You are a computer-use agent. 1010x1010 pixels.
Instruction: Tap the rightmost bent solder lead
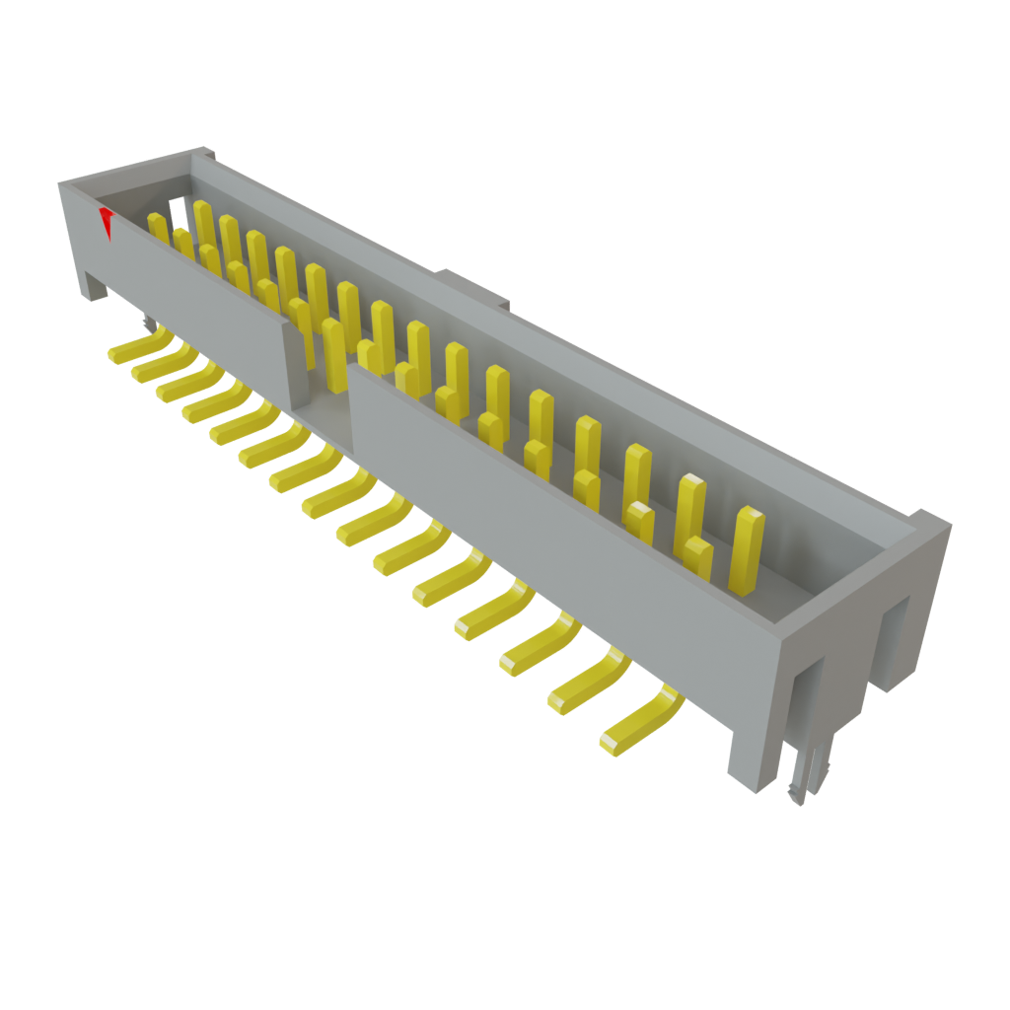pyautogui.click(x=640, y=724)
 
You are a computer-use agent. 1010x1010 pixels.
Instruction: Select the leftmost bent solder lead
pyautogui.click(x=138, y=346)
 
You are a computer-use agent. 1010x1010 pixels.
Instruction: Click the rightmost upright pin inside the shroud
pyautogui.click(x=748, y=548)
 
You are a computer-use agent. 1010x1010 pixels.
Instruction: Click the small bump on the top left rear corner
pyautogui.click(x=204, y=152)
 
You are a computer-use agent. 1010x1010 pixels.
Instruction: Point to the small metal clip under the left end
pyautogui.click(x=147, y=323)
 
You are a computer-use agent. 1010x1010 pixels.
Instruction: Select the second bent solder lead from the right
pyautogui.click(x=590, y=682)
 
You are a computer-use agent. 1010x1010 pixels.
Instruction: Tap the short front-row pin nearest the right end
pyautogui.click(x=697, y=558)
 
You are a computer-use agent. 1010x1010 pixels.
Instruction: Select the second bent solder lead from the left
pyautogui.click(x=162, y=365)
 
